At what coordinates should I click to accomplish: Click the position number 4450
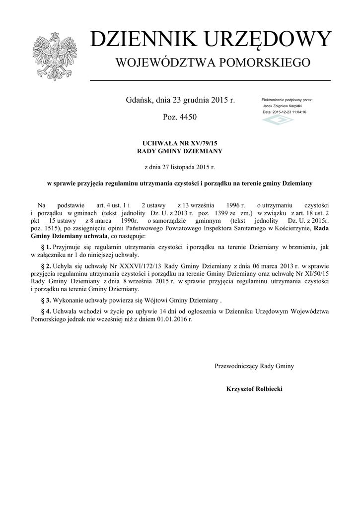(187, 117)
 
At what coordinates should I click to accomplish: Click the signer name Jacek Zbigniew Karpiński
(282, 106)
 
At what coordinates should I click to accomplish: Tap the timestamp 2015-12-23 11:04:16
(289, 112)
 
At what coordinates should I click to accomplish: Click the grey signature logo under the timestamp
(278, 120)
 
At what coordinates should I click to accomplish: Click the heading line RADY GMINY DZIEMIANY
(180, 151)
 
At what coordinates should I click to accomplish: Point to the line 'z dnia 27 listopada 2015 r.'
(180, 167)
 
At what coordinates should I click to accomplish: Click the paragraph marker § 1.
(45, 246)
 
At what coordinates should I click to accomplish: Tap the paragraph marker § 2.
(45, 266)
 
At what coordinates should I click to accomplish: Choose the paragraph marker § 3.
(45, 301)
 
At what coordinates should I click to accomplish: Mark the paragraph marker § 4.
(45, 311)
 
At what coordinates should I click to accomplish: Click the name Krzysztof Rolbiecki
(254, 389)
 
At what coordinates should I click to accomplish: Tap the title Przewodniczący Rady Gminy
(254, 366)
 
